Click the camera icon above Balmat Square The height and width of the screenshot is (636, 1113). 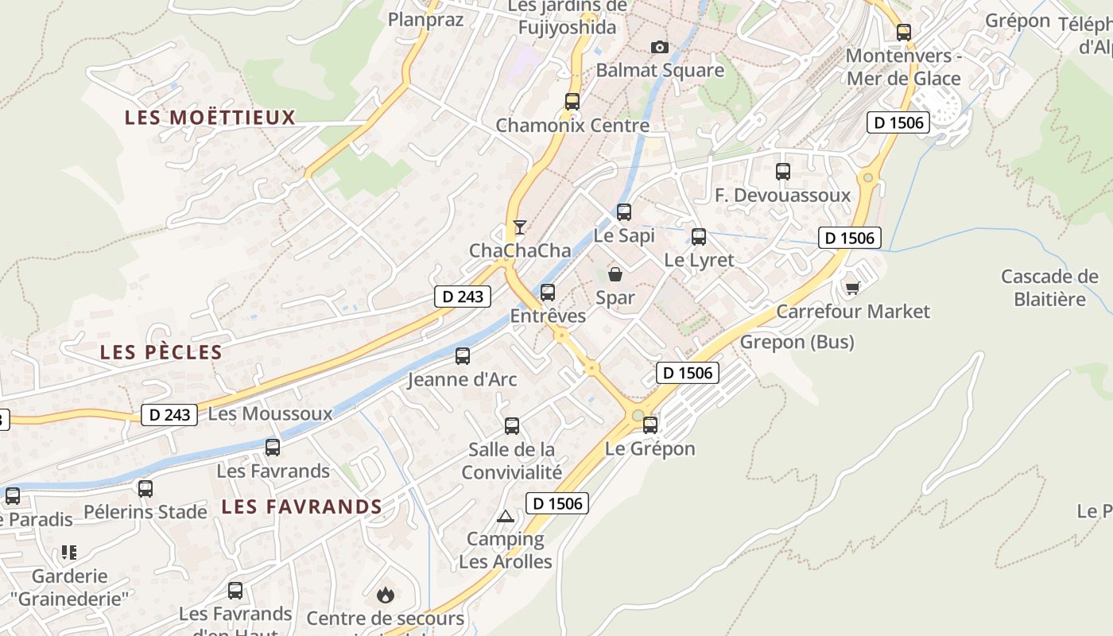[x=660, y=48]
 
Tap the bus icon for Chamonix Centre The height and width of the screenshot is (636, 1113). [x=572, y=102]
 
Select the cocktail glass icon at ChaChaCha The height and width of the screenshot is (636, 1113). [x=519, y=227]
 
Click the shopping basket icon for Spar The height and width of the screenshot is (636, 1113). [x=615, y=275]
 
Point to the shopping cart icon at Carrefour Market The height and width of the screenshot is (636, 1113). [x=853, y=288]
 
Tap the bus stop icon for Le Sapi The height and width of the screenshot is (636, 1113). [x=624, y=212]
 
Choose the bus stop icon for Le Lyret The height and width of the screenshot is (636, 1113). [x=699, y=237]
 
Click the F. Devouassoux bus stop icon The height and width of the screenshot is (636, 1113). [x=783, y=172]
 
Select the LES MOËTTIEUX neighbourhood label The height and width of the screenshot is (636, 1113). [x=210, y=118]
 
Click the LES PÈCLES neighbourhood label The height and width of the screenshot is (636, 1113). [x=161, y=352]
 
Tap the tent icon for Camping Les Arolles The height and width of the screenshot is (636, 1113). [x=506, y=517]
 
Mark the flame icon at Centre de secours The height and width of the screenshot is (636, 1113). [x=386, y=595]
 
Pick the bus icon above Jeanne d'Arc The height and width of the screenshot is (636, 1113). [x=463, y=356]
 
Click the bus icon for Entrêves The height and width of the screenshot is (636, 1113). [x=548, y=293]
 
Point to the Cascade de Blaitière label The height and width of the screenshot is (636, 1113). [x=1049, y=288]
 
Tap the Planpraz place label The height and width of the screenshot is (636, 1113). [x=425, y=19]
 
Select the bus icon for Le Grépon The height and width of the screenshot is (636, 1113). [x=650, y=425]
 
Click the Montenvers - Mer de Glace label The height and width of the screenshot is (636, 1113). [x=903, y=67]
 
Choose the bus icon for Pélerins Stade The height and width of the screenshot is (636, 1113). [x=145, y=489]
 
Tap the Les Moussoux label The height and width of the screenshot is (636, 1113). [x=270, y=413]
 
